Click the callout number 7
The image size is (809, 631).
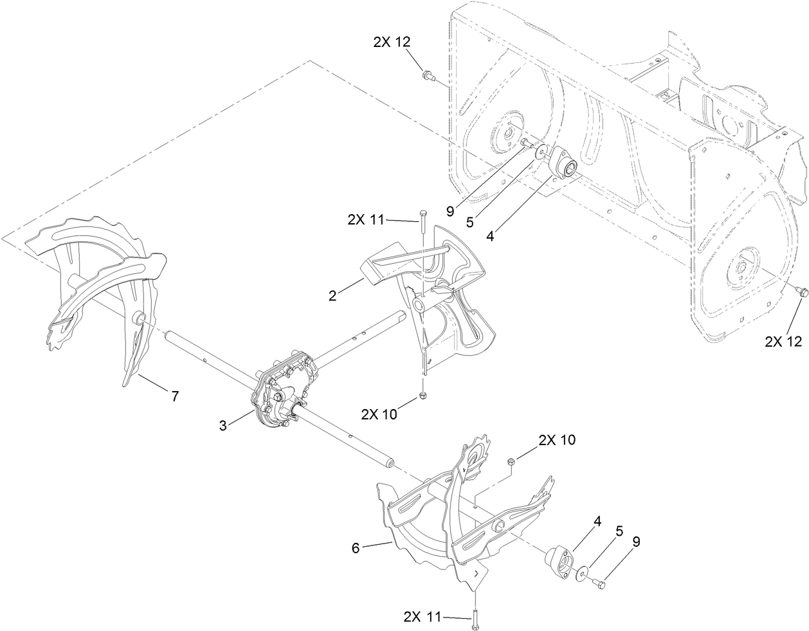(x=175, y=397)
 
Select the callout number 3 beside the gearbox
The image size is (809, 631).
(x=223, y=425)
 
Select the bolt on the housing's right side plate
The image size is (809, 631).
(x=799, y=293)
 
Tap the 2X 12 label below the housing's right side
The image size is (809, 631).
(x=783, y=342)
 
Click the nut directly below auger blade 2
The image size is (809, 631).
(x=422, y=396)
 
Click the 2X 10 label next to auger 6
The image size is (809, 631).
(x=557, y=440)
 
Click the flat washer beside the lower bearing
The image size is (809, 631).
(x=581, y=571)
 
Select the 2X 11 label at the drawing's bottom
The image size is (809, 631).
(x=422, y=616)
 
